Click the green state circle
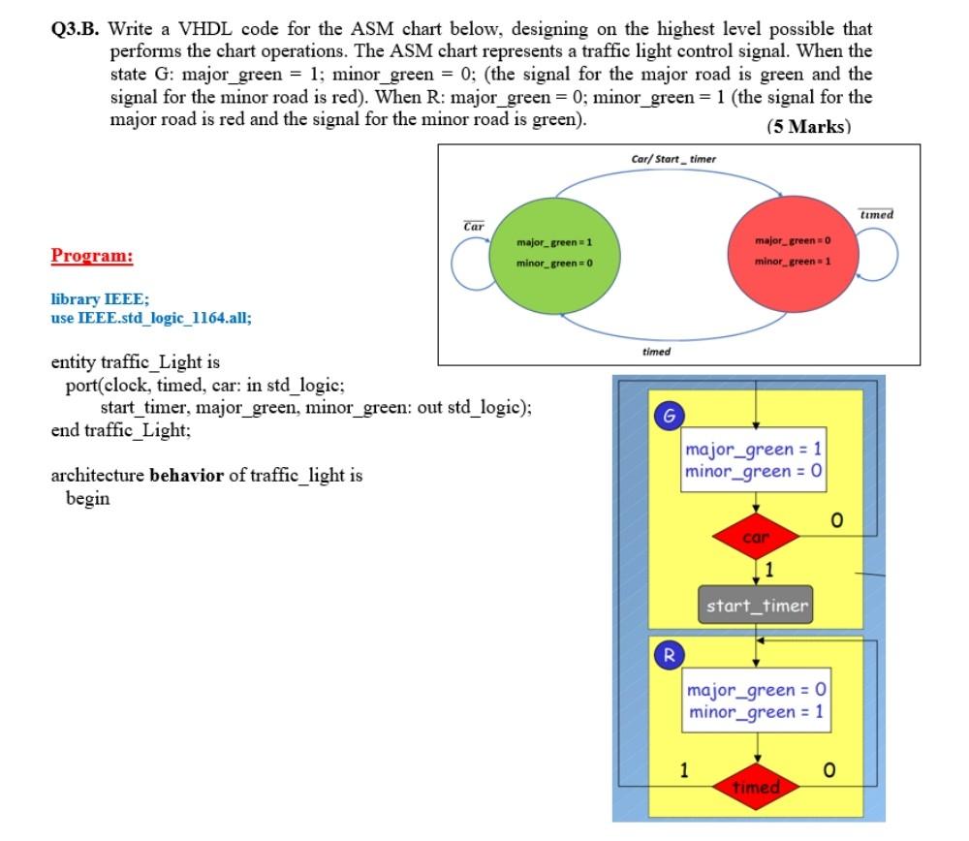(554, 252)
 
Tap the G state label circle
(666, 415)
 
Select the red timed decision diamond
(756, 787)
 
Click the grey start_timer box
(756, 607)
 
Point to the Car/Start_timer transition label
(673, 159)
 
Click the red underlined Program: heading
(92, 256)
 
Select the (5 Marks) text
(808, 127)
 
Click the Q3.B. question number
(76, 30)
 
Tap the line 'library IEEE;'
(100, 300)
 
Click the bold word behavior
(186, 476)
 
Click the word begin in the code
(87, 498)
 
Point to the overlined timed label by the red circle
(876, 214)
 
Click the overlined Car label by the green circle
(475, 227)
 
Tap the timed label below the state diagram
(656, 352)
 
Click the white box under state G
(755, 460)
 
